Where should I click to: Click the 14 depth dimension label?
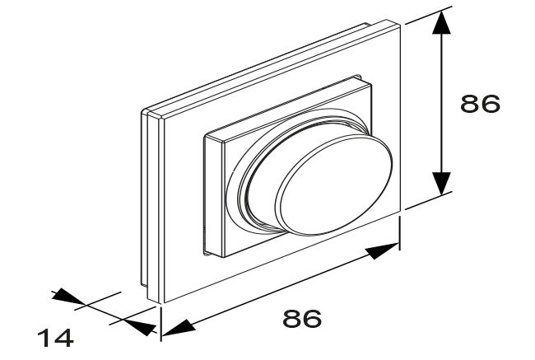coord(55,338)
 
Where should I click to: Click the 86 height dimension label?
coord(480,104)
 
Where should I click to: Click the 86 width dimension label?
coord(302,318)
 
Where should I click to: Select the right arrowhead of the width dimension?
coord(383,250)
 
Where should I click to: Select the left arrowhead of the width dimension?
coord(178,329)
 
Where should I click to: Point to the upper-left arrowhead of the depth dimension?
coord(67,296)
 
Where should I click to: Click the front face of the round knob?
coord(334,185)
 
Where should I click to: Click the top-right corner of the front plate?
coord(400,24)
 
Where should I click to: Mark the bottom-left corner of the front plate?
coord(165,303)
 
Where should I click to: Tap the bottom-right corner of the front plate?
coord(400,212)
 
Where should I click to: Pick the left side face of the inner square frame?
coord(214,195)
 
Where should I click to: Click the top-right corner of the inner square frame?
coord(371,84)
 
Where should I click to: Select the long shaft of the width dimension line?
coord(281,290)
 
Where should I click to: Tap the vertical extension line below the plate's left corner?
coord(161,324)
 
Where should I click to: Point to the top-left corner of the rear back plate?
coord(142,111)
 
